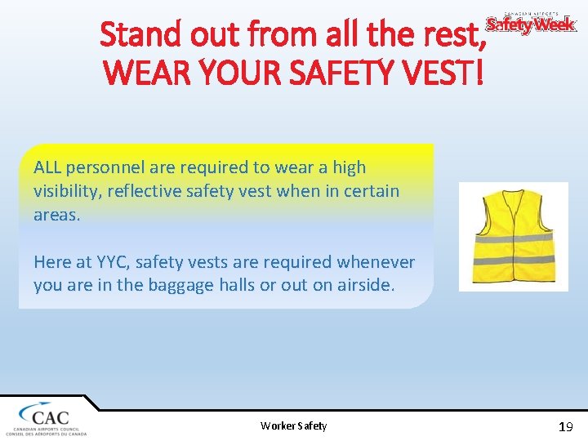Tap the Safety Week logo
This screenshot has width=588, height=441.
click(531, 24)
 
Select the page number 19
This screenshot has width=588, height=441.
click(565, 426)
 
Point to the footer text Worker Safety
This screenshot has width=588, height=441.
click(293, 425)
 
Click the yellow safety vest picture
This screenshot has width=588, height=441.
click(513, 236)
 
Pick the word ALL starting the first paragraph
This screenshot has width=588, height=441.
click(48, 167)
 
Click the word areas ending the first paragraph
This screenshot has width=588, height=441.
click(56, 215)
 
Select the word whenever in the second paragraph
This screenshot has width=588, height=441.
click(378, 262)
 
